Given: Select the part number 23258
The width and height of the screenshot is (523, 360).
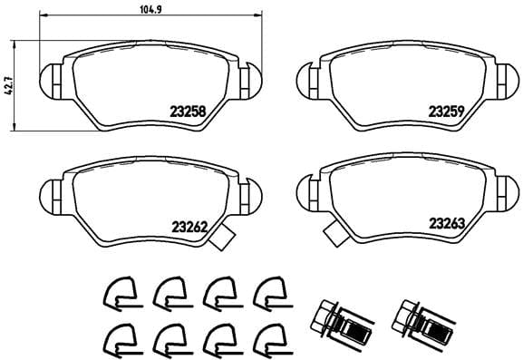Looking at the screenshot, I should [x=187, y=113].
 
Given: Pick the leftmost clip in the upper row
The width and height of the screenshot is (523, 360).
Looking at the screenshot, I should [x=117, y=293].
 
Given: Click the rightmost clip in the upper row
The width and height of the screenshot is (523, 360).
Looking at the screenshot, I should [x=268, y=293].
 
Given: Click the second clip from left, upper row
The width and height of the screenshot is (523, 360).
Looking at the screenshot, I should [x=168, y=293].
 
